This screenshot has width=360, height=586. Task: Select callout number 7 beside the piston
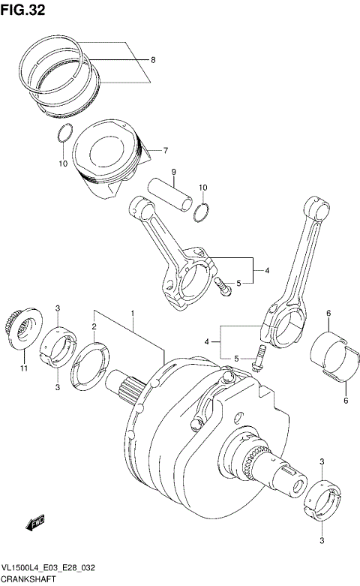tap(166, 150)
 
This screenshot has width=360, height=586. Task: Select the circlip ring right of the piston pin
tap(200, 212)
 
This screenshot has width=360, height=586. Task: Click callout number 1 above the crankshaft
tap(133, 312)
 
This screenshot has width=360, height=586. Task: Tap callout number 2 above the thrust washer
tap(94, 326)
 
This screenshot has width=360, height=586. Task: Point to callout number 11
tap(24, 368)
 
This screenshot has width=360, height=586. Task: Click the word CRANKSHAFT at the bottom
tap(27, 581)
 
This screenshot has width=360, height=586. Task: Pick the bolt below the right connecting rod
tap(258, 359)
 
